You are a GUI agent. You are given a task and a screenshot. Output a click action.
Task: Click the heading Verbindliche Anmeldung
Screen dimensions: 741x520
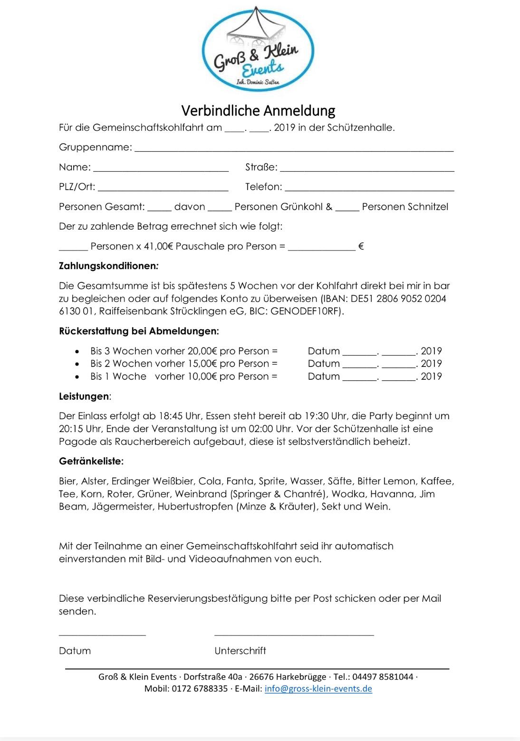[x=258, y=111]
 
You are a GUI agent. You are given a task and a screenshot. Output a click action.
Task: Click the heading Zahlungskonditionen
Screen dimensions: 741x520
[x=108, y=266]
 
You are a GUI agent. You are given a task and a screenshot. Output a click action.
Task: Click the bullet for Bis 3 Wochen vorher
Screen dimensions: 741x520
[x=77, y=351]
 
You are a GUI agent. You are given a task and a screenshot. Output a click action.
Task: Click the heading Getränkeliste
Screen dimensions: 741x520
[x=91, y=461]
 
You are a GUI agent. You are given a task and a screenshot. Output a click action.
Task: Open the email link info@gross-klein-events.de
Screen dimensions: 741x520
[x=318, y=689]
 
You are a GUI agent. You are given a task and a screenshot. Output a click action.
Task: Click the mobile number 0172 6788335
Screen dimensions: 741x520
[x=200, y=689]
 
